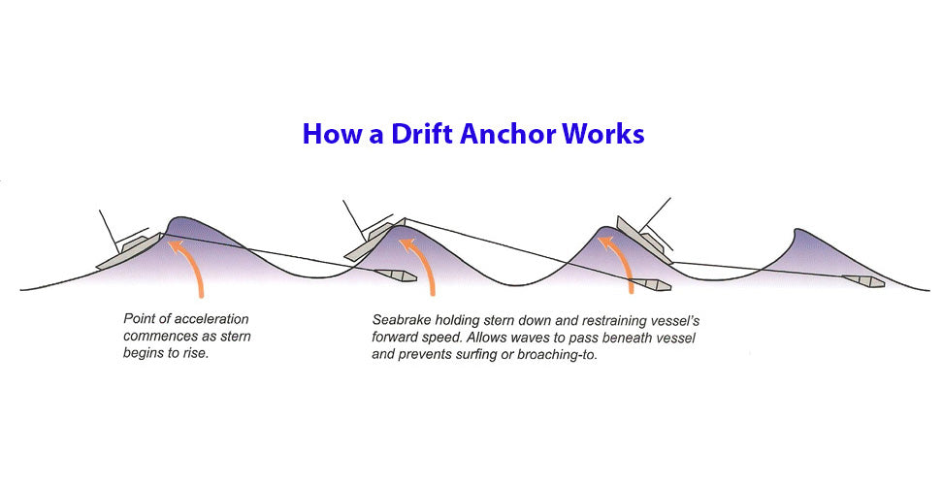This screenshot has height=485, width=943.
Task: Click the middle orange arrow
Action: click(x=420, y=266)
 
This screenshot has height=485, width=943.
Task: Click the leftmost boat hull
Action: click(x=129, y=251)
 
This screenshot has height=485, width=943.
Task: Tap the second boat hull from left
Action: click(x=375, y=241)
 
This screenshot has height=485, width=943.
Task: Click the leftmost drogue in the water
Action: click(x=396, y=275)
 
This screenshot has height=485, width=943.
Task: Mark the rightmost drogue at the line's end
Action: click(x=863, y=280)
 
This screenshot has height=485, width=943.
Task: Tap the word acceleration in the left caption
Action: click(x=212, y=318)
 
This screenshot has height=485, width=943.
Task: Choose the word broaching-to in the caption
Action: click(x=558, y=355)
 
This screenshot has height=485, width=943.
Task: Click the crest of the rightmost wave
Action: click(x=797, y=229)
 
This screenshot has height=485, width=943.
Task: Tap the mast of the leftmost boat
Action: click(x=109, y=232)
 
